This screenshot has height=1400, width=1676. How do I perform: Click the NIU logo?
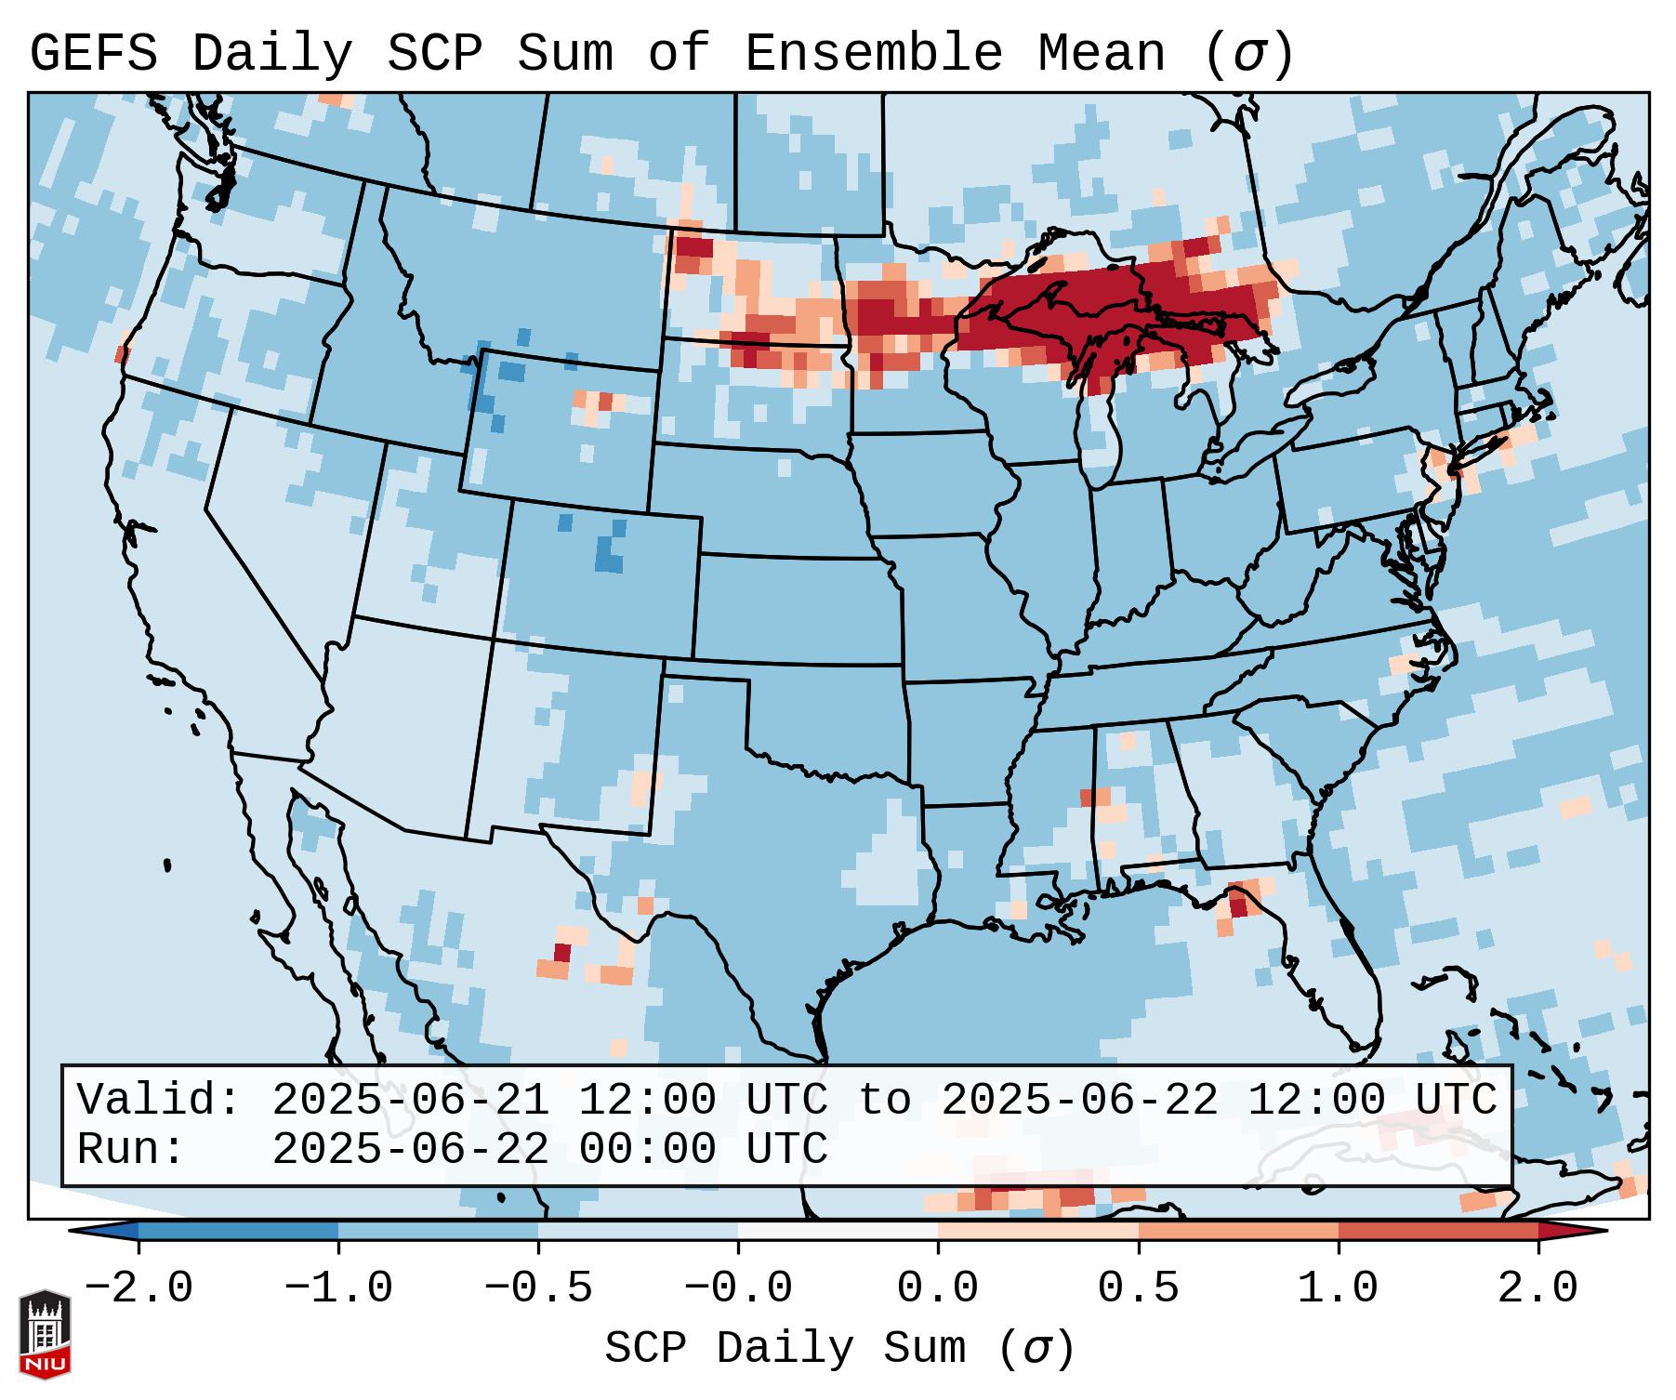click(x=45, y=1332)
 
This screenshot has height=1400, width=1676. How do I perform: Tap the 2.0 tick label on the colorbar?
click(x=1537, y=1288)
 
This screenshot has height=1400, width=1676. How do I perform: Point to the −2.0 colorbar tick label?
click(x=139, y=1288)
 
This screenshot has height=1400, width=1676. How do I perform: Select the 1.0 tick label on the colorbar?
click(x=1338, y=1288)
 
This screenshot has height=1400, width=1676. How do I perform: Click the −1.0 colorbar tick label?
click(x=338, y=1288)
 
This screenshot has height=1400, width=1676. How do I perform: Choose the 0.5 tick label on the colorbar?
click(x=1138, y=1288)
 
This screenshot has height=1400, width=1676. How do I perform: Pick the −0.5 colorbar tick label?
click(x=538, y=1288)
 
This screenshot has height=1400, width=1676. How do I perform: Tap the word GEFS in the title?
click(x=94, y=53)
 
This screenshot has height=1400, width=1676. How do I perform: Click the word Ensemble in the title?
click(x=873, y=53)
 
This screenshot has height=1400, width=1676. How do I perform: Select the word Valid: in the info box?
click(x=159, y=1100)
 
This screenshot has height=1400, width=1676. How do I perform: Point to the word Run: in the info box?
click(x=131, y=1149)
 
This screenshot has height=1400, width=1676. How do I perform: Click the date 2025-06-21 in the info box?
click(x=410, y=1100)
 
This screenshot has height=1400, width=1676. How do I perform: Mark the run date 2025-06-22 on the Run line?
click(x=410, y=1149)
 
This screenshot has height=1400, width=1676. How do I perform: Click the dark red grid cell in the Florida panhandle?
click(x=1237, y=904)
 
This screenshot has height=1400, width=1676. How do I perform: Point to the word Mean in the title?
click(x=1102, y=53)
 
